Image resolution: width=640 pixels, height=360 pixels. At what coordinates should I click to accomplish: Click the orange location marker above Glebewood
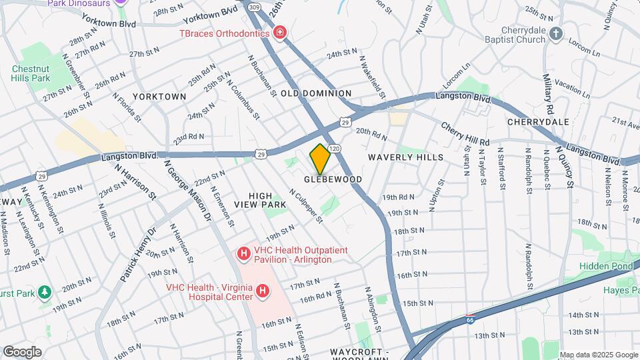tap(321, 159)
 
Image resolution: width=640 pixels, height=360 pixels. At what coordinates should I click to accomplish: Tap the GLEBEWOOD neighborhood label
tap(333, 180)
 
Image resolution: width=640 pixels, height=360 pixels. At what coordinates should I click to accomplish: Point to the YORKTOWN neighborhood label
tap(159, 97)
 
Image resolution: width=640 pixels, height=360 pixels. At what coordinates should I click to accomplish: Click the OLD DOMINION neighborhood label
tap(316, 93)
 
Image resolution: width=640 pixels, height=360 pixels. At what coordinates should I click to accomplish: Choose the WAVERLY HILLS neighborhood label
tap(405, 157)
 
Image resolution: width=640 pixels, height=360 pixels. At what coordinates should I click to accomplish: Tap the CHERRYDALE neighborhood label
tap(538, 122)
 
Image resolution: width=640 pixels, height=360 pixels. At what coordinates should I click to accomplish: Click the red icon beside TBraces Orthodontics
tap(281, 33)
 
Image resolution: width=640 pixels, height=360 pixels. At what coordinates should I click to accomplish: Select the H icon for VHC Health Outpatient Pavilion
tap(244, 254)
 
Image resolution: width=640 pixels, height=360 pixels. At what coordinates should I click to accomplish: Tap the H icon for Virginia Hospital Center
tap(263, 291)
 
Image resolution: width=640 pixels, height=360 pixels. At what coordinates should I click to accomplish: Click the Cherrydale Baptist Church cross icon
tap(558, 33)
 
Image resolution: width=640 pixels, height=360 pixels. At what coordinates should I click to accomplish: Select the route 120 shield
tap(335, 148)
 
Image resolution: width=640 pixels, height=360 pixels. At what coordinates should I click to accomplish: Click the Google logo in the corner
tap(23, 351)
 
